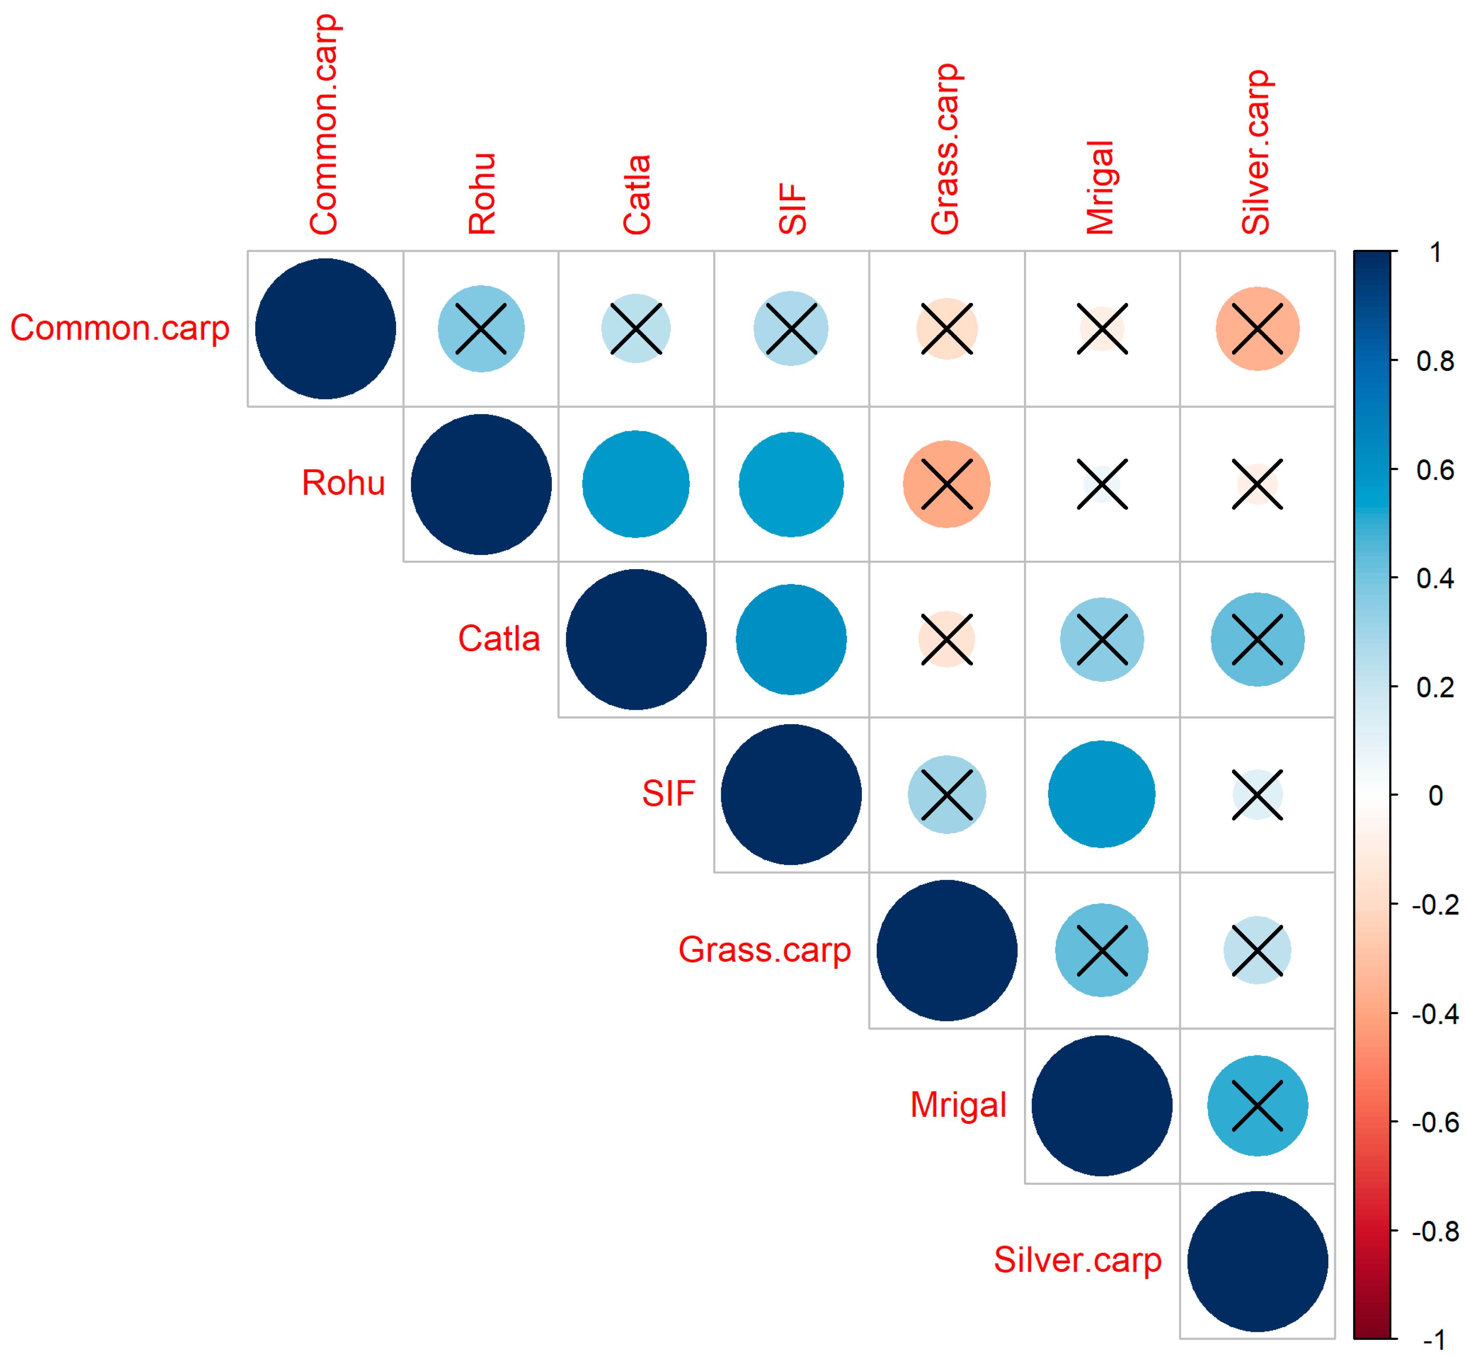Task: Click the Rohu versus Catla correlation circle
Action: click(636, 484)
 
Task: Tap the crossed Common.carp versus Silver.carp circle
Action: click(1257, 328)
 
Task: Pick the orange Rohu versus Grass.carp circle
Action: click(946, 484)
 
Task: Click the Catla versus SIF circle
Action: click(790, 639)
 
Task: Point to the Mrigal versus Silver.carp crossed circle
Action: click(1257, 1105)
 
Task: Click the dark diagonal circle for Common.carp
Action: click(325, 328)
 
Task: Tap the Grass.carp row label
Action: click(764, 949)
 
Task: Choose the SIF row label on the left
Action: click(668, 794)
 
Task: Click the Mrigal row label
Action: click(958, 1104)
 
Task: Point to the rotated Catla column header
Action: click(636, 195)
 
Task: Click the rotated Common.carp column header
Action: click(324, 125)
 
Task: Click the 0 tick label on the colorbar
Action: click(1435, 795)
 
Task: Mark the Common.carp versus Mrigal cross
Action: click(1101, 328)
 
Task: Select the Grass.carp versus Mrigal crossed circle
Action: click(1101, 949)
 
